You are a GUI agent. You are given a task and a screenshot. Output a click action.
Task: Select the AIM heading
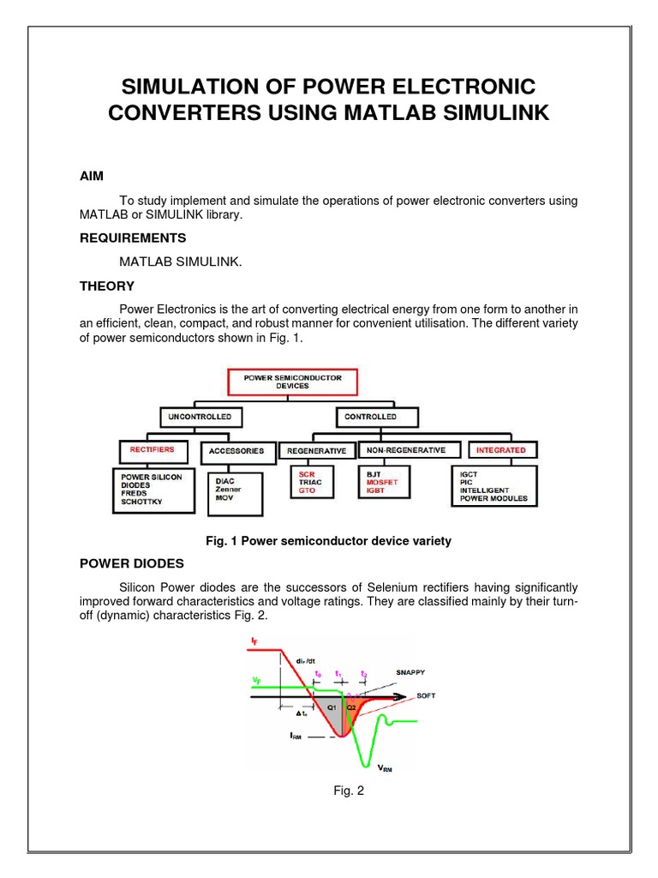coord(91,176)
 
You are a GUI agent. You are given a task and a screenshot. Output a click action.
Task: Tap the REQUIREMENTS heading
coord(133,238)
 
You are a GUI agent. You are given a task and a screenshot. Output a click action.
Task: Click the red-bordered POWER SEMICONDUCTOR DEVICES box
coord(292,382)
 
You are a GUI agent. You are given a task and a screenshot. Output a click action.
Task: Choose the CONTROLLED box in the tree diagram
coord(371,417)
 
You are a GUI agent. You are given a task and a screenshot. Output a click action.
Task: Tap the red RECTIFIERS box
coord(152,449)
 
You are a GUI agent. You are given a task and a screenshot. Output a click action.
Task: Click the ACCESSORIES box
coord(237,450)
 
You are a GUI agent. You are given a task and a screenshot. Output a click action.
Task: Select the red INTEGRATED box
coord(501,449)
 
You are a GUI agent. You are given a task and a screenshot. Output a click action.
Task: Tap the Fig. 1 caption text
coord(328,541)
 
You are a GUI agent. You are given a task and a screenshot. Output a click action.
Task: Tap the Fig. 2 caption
coord(349,791)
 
